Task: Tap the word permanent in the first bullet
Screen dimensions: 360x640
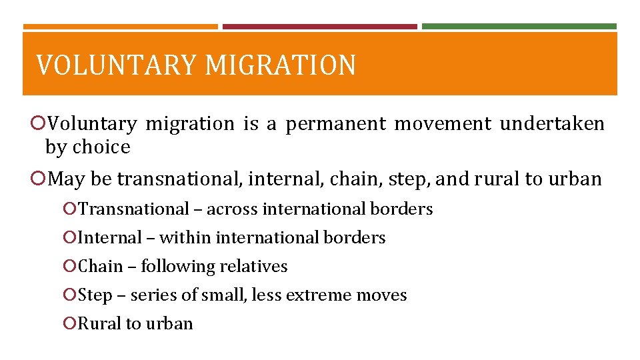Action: (336, 125)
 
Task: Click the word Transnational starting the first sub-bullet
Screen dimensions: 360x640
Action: (133, 209)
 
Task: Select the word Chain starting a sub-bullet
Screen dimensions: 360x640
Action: (101, 267)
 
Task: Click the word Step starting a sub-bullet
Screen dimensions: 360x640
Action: (95, 295)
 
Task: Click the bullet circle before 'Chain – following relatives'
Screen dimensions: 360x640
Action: (70, 267)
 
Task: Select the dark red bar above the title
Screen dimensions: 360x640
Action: (319, 27)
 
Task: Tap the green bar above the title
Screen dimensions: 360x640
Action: (519, 27)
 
